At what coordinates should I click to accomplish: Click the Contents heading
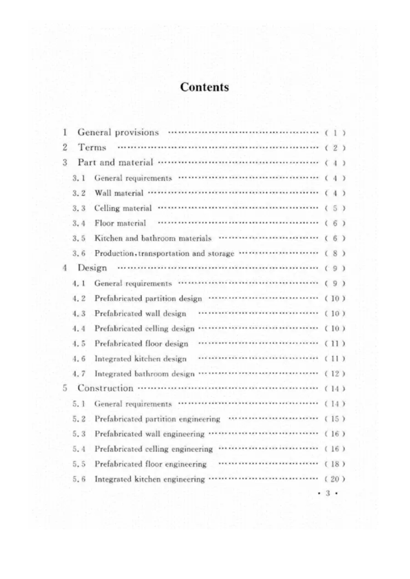click(204, 87)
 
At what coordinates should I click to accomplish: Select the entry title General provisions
click(118, 132)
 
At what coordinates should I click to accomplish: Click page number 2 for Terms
click(335, 148)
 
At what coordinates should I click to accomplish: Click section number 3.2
click(79, 193)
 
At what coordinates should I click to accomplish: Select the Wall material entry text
click(119, 193)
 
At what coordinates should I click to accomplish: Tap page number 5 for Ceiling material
click(335, 208)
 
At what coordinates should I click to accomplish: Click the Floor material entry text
click(120, 223)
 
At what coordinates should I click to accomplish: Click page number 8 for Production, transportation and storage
click(335, 254)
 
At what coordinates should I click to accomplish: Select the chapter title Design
click(92, 268)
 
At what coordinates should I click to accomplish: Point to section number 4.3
click(79, 313)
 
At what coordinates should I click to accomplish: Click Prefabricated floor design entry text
click(141, 344)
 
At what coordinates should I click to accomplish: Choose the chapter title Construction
click(105, 388)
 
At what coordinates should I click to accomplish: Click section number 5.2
click(79, 419)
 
